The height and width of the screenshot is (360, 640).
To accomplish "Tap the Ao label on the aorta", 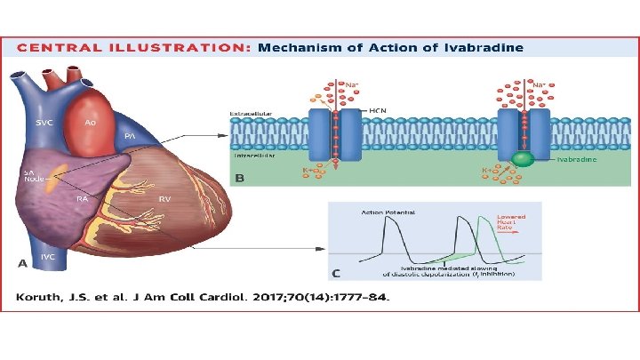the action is coord(90,122).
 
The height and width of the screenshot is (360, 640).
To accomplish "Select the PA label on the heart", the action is coord(129,136).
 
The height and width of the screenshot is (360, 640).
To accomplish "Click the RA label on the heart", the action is coord(81,199).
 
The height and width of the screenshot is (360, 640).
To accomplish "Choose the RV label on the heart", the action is coord(164,199).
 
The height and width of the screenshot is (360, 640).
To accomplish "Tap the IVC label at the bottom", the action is coord(49,258).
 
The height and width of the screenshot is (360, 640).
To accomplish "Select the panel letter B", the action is coord(239,179).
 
